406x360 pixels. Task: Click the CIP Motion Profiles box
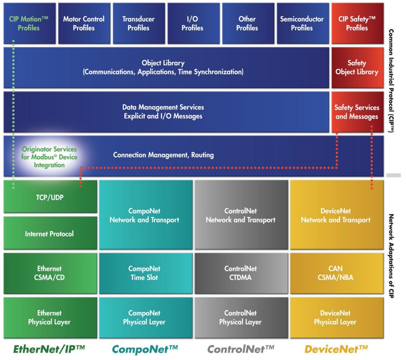coord(29,23)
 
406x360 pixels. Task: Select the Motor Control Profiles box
coord(84,23)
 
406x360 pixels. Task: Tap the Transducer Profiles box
coord(139,23)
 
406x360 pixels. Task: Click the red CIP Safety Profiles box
coord(357,23)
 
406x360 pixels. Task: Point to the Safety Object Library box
coord(357,68)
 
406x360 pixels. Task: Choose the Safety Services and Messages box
coord(357,112)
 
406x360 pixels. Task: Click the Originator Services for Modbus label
coord(49,157)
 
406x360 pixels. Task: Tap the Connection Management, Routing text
coord(163,155)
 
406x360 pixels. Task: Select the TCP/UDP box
coord(50,196)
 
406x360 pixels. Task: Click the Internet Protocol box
coord(50,233)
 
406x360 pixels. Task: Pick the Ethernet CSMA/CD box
coord(50,273)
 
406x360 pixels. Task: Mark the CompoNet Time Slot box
coord(146,273)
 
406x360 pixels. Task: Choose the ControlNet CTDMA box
coord(241,273)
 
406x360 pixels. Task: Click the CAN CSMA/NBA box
coord(337,273)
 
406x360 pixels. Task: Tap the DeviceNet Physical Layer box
coord(337,318)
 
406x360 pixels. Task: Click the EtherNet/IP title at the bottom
coord(49,349)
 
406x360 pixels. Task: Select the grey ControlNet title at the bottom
coord(241,349)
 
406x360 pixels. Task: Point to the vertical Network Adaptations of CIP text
coord(391,256)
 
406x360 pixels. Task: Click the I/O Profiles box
coord(194,23)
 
